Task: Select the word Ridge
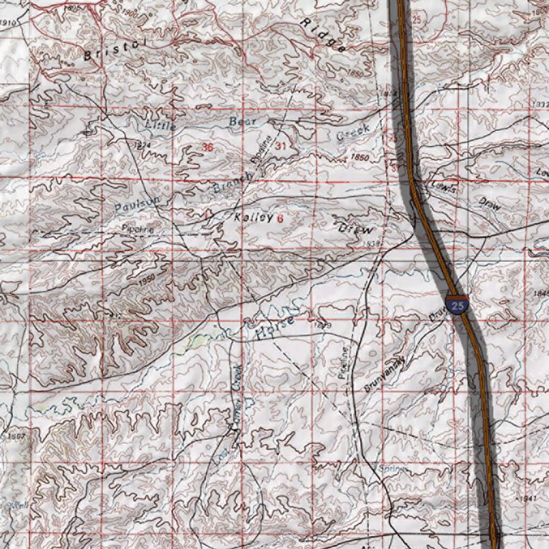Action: point(323,35)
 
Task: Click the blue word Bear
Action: point(243,122)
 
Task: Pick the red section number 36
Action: point(208,147)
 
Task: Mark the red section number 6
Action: point(280,219)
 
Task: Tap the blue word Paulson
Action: point(137,203)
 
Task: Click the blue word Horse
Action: point(275,328)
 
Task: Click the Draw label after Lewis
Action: point(489,203)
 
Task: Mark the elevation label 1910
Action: point(8,23)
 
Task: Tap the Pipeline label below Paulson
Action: point(138,229)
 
